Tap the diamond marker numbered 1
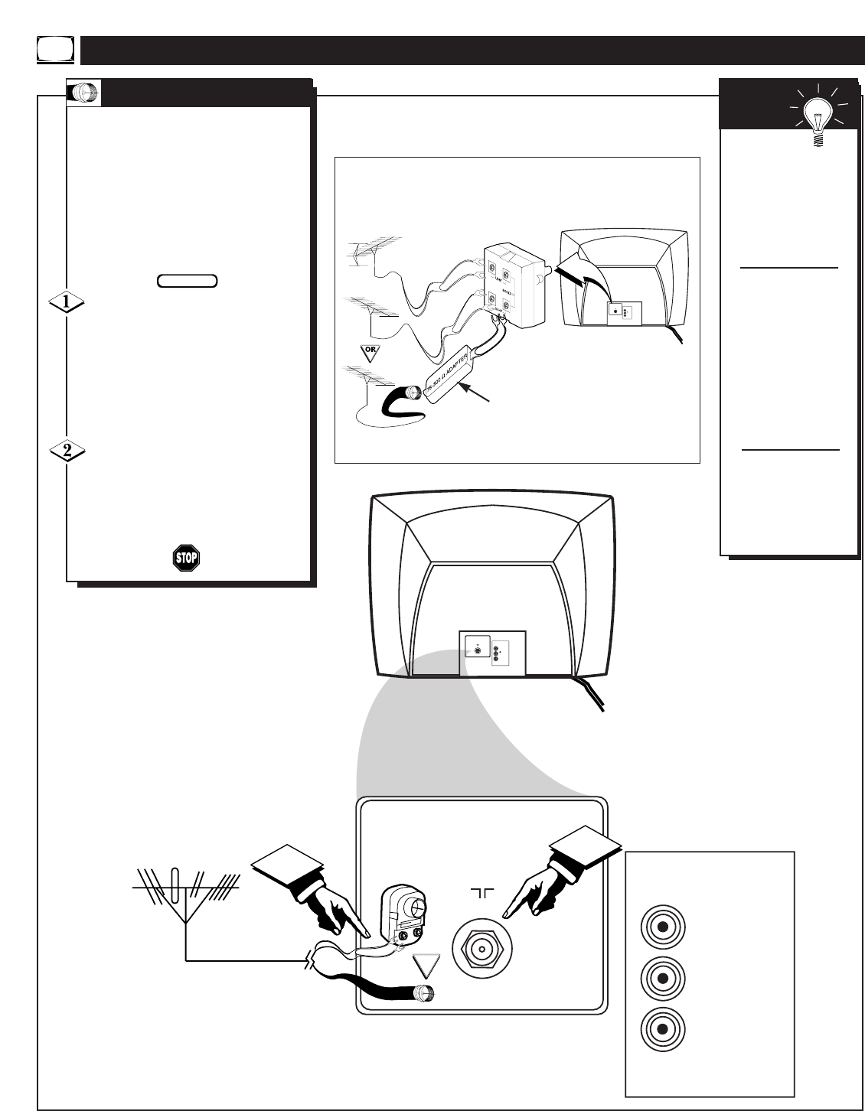click(x=67, y=302)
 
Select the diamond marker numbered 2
click(x=67, y=451)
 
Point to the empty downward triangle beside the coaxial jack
click(x=427, y=968)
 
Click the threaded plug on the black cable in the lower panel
click(x=422, y=995)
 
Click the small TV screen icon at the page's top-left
click(x=56, y=50)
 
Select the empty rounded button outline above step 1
click(x=188, y=281)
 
